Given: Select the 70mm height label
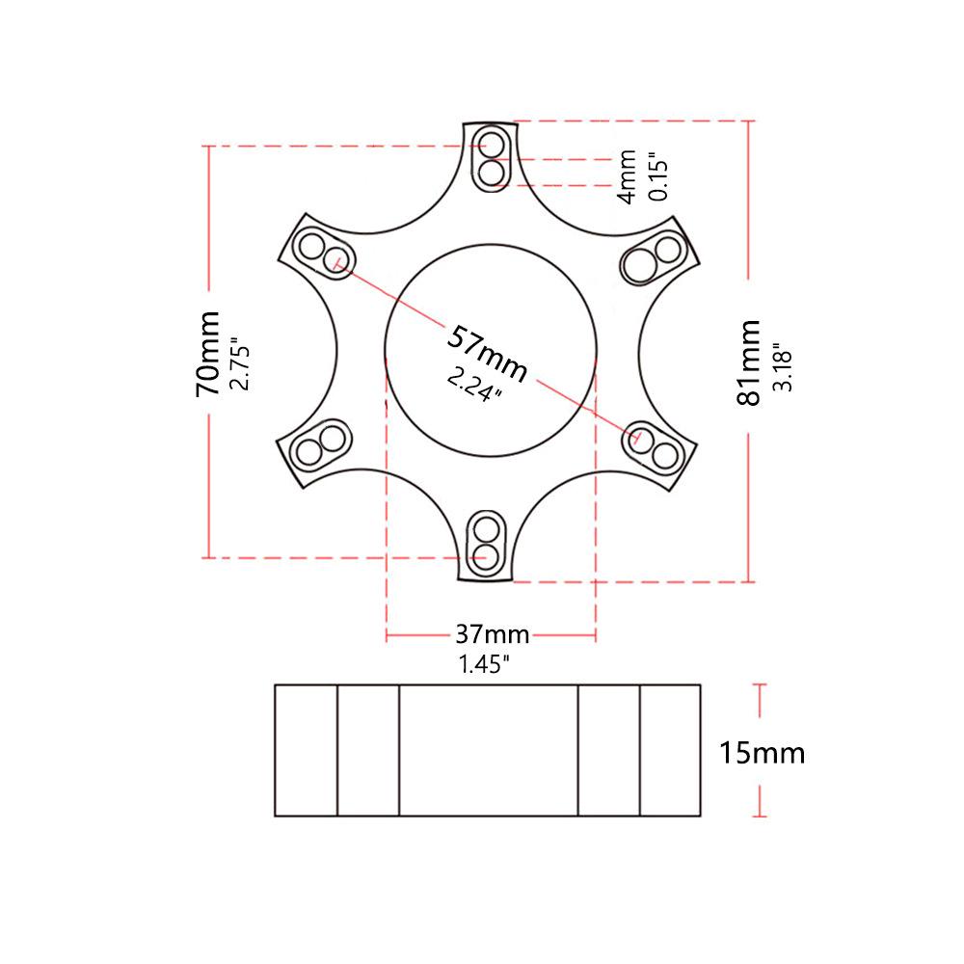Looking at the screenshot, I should [207, 355].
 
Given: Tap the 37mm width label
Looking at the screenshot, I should [492, 634].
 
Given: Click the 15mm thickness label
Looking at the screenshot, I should [762, 752].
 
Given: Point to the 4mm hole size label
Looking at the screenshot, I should [627, 175].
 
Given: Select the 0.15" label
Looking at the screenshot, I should [658, 174].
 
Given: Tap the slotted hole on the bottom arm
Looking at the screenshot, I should [487, 543].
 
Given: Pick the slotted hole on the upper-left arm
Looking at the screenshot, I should [323, 252].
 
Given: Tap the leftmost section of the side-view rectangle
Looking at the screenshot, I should [306, 751].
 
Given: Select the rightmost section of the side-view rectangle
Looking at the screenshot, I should [670, 751].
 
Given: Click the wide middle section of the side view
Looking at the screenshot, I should [488, 751].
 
